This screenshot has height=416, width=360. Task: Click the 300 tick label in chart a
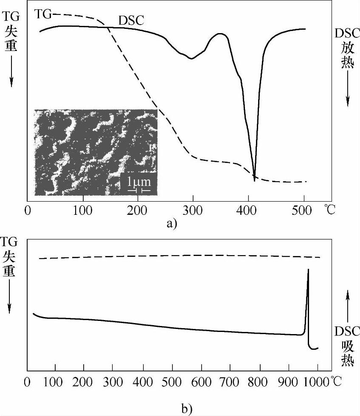coord(193,210)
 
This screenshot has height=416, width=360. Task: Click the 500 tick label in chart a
coord(304,210)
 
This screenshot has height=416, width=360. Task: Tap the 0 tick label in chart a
coord(28,210)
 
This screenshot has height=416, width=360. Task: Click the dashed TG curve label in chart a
coord(42,14)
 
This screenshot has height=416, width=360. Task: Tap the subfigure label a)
coord(172,223)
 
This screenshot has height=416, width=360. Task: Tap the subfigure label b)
coord(186,408)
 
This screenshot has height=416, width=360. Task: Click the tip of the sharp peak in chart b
coord(308,270)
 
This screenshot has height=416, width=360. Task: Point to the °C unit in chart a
coord(329,210)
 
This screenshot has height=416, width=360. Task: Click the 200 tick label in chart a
coord(138,210)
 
